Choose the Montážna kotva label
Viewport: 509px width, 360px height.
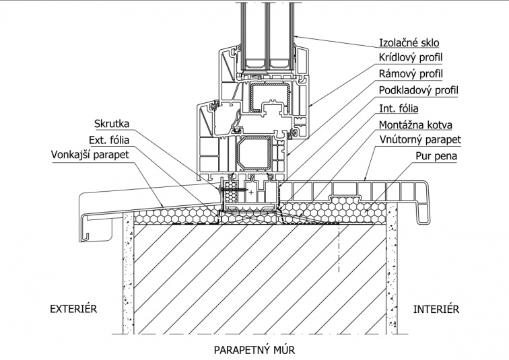click(x=415, y=124)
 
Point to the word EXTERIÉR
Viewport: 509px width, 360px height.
click(x=74, y=310)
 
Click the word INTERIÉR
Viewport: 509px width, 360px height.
click(x=436, y=310)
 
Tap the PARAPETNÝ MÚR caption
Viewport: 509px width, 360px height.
click(x=254, y=350)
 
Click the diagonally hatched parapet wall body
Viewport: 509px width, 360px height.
click(x=256, y=276)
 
